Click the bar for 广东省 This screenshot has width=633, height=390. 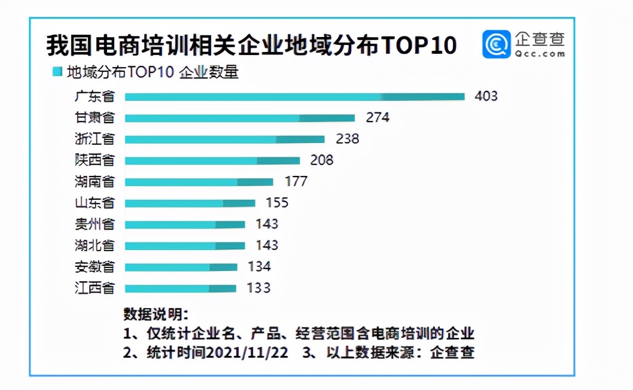coord(294,96)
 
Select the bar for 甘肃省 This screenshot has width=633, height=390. coord(239,118)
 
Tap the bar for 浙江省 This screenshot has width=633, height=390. coord(224,139)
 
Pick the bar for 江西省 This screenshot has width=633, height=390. coord(180,288)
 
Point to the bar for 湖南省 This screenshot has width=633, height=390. coord(199,181)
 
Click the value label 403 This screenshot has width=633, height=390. coord(486,96)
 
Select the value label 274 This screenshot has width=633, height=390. coord(378,117)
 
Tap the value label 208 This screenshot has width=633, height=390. coord(322,160)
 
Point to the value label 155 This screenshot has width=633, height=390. coord(277,203)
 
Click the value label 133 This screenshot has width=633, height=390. coord(258,288)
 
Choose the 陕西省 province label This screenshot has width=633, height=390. coord(95,160)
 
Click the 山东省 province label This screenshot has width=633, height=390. coord(95,203)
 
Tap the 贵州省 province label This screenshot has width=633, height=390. coord(95,224)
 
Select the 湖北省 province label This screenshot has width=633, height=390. coord(95,245)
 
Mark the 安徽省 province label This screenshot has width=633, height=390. coord(95,267)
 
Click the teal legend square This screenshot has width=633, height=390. coord(57,72)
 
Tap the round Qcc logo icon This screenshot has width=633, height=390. coord(497,45)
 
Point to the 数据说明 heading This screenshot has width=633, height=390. coord(156,315)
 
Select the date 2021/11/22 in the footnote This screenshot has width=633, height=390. coord(247,352)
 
